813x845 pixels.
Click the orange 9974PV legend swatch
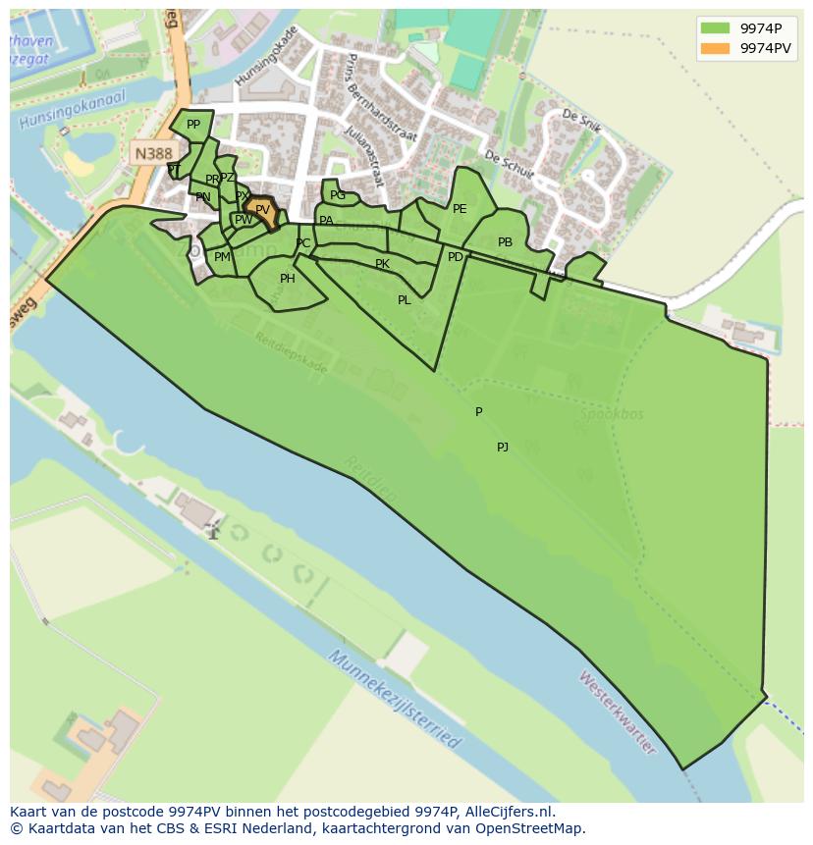(717, 48)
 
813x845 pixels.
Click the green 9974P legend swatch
(717, 28)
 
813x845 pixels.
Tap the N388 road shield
(153, 153)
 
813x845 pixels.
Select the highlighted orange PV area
(262, 210)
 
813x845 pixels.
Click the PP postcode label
(193, 125)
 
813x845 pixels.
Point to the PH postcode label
(288, 279)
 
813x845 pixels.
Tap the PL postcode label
(405, 300)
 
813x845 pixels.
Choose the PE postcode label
(460, 209)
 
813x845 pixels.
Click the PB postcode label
(505, 242)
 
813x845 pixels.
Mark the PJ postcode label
(503, 448)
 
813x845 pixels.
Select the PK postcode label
(383, 264)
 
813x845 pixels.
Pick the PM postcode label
(222, 257)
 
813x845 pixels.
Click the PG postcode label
(338, 195)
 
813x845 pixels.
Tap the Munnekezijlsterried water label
(394, 699)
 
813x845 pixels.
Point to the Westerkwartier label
(617, 712)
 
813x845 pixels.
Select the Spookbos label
(611, 414)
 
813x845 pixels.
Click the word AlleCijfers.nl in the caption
(507, 812)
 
